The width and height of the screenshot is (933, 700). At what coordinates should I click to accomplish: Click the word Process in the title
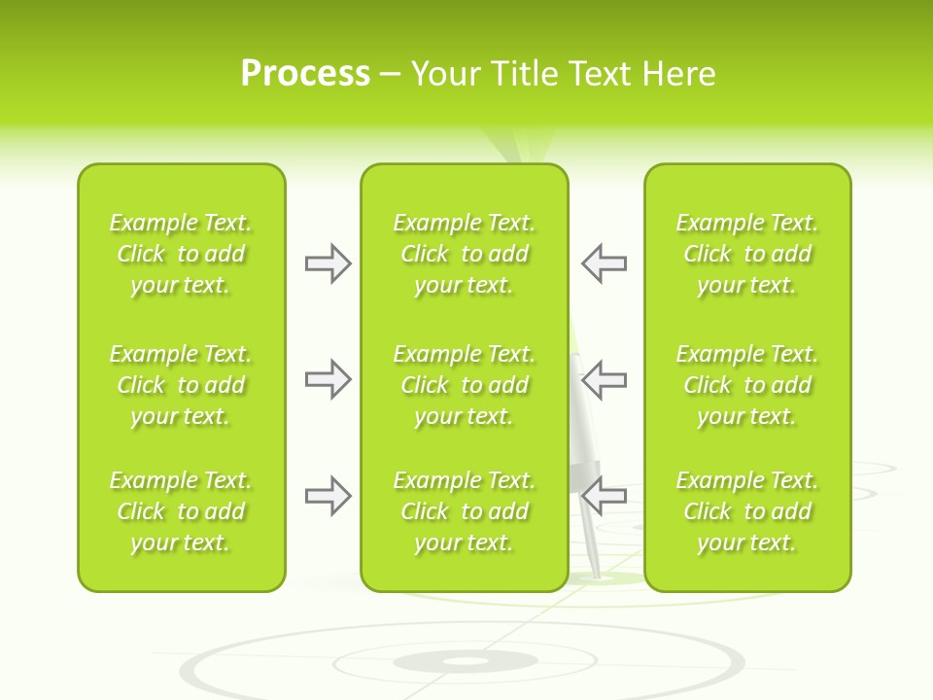(x=305, y=74)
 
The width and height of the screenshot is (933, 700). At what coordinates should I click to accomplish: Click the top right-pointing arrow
(x=328, y=263)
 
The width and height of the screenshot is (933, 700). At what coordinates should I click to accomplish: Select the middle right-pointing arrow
(x=328, y=379)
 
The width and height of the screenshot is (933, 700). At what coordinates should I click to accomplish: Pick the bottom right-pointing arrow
(x=328, y=496)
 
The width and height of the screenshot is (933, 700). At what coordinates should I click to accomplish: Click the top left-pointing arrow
(x=604, y=263)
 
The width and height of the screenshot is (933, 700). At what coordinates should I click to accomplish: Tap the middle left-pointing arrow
(x=604, y=379)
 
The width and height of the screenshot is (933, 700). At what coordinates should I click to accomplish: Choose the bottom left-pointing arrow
(x=604, y=496)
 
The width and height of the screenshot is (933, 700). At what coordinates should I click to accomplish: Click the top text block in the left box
(x=181, y=254)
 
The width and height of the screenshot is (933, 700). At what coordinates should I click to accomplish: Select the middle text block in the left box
(x=181, y=385)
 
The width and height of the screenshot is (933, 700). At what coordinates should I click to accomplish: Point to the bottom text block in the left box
(x=181, y=511)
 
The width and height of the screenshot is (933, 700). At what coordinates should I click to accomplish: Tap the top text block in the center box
(x=465, y=254)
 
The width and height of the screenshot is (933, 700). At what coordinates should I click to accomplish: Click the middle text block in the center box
(x=465, y=385)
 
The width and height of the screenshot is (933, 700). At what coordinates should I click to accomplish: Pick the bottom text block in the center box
(x=465, y=511)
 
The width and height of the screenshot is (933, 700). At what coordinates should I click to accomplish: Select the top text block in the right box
(x=747, y=254)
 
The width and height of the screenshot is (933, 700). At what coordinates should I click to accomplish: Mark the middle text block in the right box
(x=747, y=385)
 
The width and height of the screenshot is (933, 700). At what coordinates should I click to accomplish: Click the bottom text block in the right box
(x=747, y=511)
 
